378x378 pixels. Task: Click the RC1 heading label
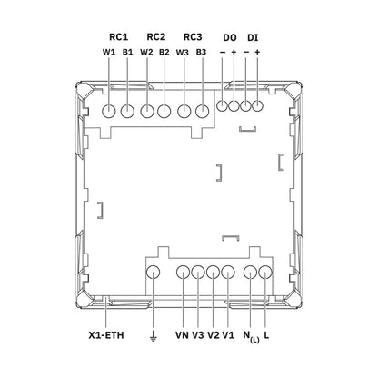tap(118, 37)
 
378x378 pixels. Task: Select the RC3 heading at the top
tap(193, 37)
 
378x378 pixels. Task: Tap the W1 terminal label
tap(109, 52)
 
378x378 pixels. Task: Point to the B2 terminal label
tap(164, 52)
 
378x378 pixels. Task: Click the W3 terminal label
tap(183, 53)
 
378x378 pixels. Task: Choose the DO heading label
tap(230, 38)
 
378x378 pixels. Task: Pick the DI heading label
tap(253, 38)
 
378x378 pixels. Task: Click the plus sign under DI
tap(257, 52)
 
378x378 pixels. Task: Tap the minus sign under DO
tap(223, 52)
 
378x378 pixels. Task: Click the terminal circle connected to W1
tap(109, 112)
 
